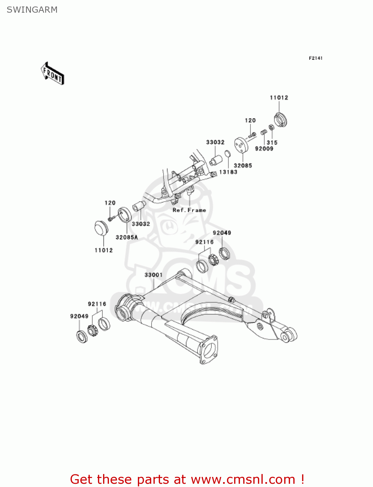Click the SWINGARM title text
[x=32, y=10]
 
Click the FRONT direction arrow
[x=52, y=74]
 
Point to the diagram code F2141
[x=315, y=58]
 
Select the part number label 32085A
[x=127, y=237]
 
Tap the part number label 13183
[x=228, y=172]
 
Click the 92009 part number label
[x=264, y=149]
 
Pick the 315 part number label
[x=272, y=143]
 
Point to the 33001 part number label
[x=153, y=275]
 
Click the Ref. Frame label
[x=189, y=210]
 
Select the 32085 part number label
[x=243, y=166]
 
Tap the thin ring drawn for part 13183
[x=228, y=153]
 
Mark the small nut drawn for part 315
[x=271, y=127]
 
